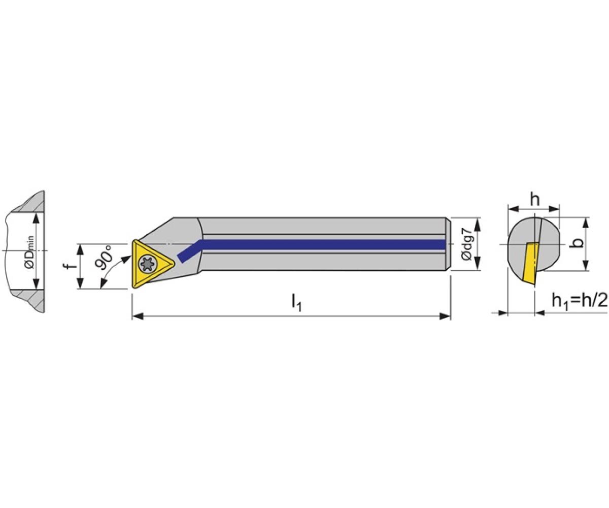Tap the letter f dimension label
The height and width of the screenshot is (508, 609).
pyautogui.click(x=70, y=266)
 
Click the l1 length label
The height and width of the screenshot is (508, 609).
pyautogui.click(x=296, y=302)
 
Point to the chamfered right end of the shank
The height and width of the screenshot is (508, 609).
pyautogui.click(x=449, y=244)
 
